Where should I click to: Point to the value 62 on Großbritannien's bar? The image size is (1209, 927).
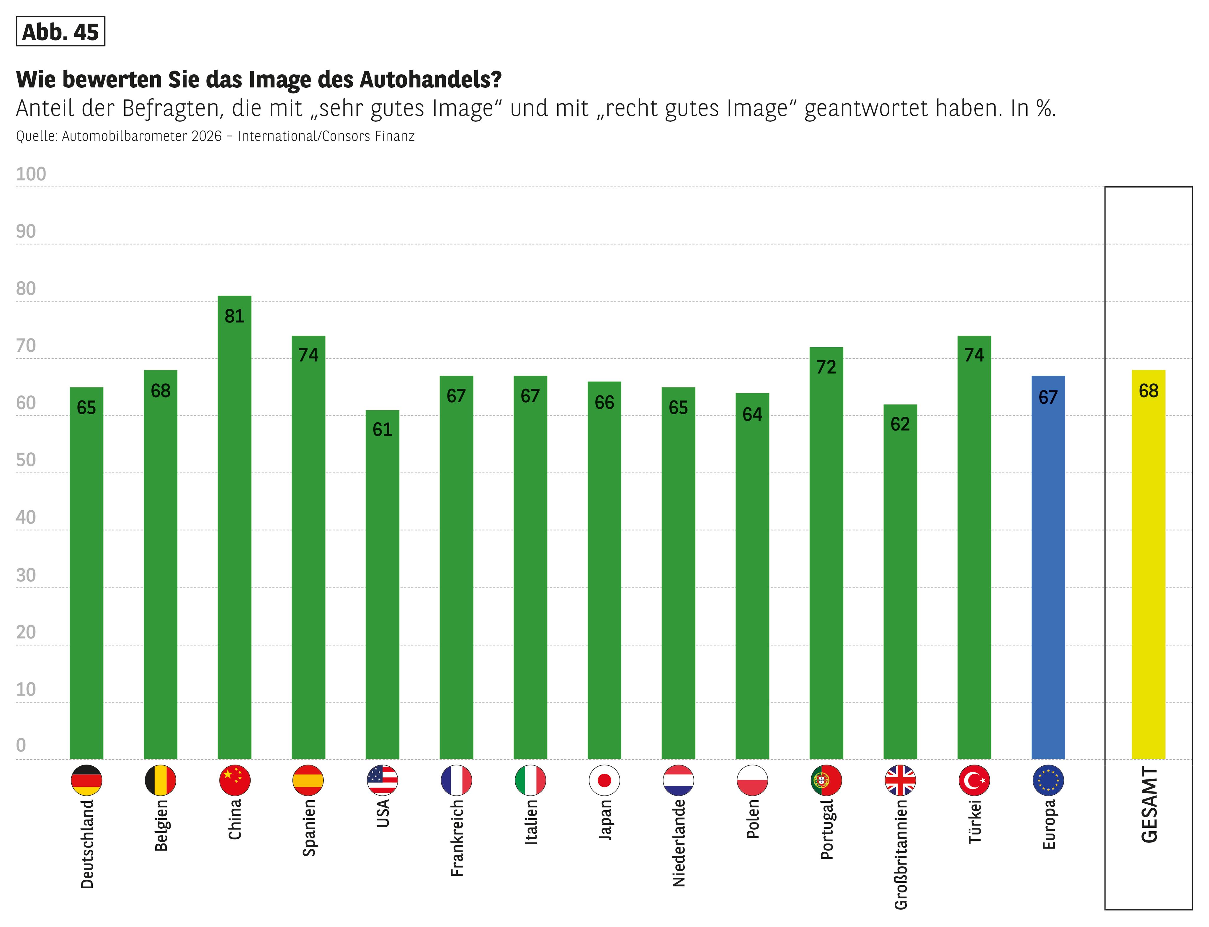tap(900, 424)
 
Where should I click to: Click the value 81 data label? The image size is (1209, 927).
tap(234, 316)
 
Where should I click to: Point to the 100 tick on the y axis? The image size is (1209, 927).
tap(31, 174)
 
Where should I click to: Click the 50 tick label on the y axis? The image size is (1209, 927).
tap(26, 460)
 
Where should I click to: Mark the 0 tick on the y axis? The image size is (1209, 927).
tap(21, 745)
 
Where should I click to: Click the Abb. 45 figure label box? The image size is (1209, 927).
tap(61, 32)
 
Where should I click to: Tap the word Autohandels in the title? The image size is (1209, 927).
tap(431, 79)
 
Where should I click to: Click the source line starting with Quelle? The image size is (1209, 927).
tap(215, 136)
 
